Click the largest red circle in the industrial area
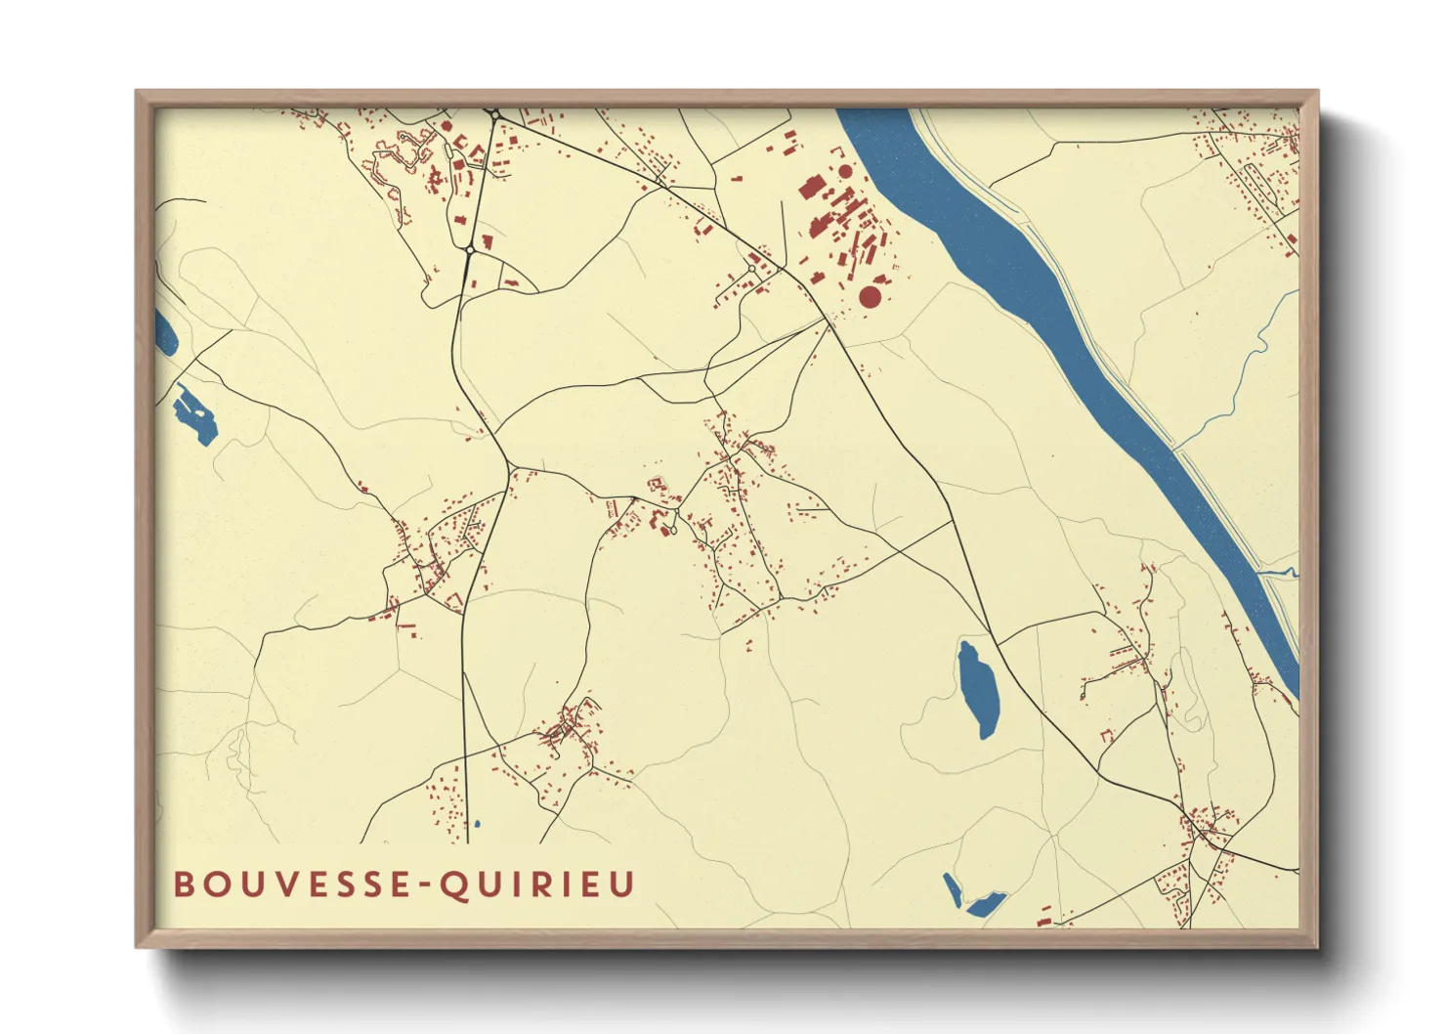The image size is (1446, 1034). (870, 296)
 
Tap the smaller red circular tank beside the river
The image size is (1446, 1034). (845, 172)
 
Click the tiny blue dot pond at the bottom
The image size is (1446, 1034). (477, 825)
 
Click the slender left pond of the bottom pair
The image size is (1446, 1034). (952, 890)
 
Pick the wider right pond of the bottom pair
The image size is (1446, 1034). (985, 904)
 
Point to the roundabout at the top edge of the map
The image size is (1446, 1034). (495, 115)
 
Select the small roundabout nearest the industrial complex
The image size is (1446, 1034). (751, 269)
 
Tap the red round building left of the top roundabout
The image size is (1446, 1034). (447, 126)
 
